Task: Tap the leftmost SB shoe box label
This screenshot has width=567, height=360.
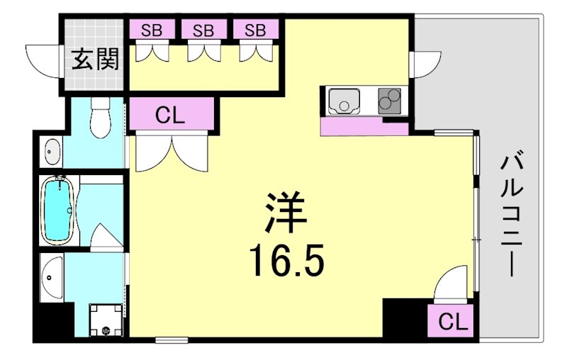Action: tap(150, 30)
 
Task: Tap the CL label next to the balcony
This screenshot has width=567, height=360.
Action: tap(453, 322)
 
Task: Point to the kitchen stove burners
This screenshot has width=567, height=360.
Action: tap(389, 101)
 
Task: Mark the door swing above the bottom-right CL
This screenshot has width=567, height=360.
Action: tap(448, 288)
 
